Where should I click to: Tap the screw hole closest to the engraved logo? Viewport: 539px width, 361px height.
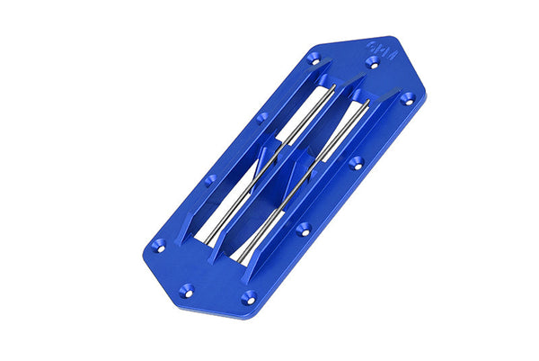click(x=373, y=61)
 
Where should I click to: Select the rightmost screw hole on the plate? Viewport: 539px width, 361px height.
click(x=406, y=97)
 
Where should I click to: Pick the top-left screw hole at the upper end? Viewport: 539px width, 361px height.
click(x=314, y=59)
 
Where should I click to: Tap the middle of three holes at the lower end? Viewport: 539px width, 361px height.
click(x=187, y=290)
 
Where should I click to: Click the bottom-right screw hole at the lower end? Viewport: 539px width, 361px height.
click(x=249, y=296)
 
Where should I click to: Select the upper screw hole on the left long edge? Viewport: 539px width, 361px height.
click(x=261, y=118)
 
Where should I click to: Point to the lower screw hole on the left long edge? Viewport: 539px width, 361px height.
click(x=210, y=179)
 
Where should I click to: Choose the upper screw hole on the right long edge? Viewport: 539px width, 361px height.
click(x=357, y=163)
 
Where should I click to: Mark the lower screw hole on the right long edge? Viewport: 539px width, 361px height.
click(x=304, y=228)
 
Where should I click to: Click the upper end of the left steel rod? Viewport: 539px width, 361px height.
click(x=332, y=88)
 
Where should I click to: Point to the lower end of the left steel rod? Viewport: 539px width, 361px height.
click(x=203, y=243)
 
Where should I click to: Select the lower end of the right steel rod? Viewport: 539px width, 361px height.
click(x=239, y=260)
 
